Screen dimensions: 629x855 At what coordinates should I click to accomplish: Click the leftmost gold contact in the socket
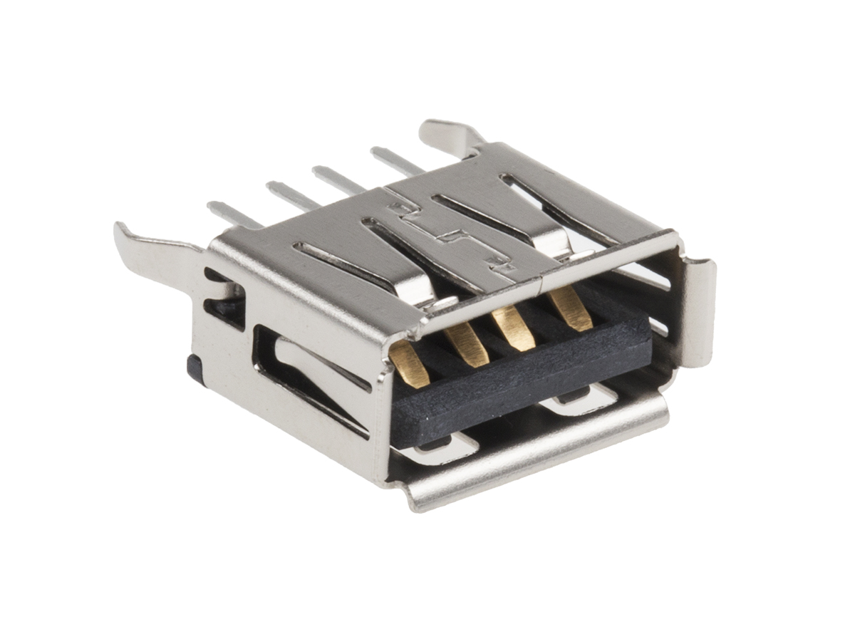(412, 364)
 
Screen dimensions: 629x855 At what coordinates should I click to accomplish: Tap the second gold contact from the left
(467, 344)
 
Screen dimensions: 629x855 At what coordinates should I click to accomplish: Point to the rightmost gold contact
(571, 308)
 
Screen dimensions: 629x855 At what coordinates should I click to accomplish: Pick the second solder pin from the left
(292, 194)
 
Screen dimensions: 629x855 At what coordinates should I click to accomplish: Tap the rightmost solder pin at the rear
(396, 160)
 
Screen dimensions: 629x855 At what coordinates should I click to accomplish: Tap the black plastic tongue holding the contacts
(520, 385)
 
